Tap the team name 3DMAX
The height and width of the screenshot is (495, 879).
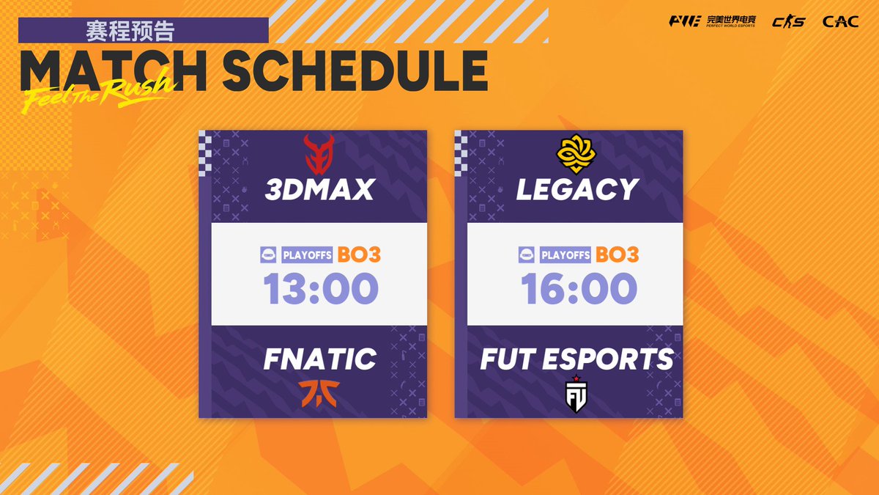tap(319, 189)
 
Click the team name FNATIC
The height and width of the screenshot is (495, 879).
tap(319, 359)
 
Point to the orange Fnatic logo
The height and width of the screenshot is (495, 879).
tap(319, 393)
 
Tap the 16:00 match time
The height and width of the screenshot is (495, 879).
tap(579, 288)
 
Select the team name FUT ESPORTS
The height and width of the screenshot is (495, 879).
tap(576, 359)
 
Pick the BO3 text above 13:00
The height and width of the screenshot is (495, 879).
tap(359, 254)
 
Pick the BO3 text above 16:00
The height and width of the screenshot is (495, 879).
tap(617, 254)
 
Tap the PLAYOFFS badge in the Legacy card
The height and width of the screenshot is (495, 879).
tap(564, 255)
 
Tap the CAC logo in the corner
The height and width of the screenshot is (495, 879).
tap(840, 21)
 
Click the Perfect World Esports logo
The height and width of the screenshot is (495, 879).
tap(713, 21)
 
